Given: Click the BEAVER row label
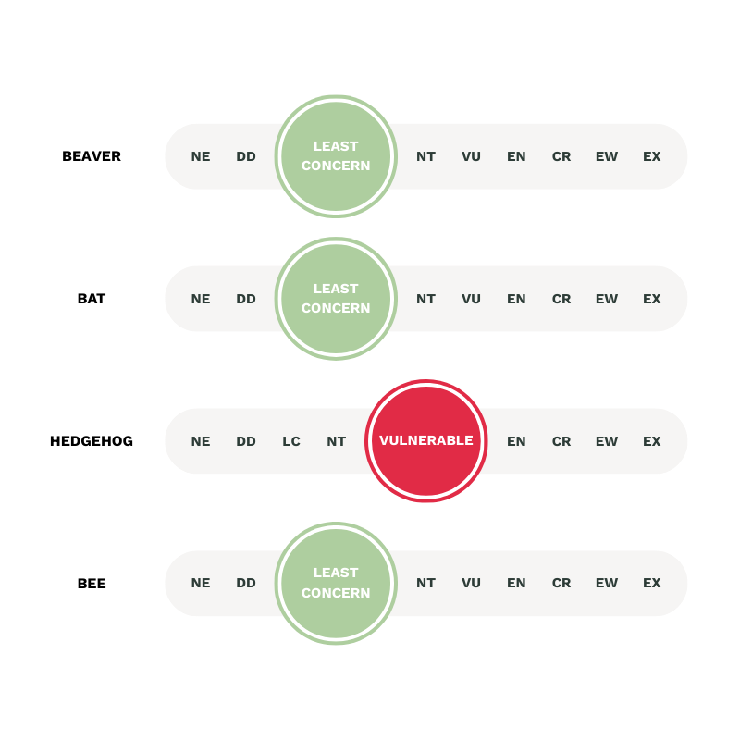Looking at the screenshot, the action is coord(92,156).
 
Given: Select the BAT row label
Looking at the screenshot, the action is coord(92,299).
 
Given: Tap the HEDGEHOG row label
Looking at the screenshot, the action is coord(92,441).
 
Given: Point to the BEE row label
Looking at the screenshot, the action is coord(92,584).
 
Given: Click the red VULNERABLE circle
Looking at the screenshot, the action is coord(426,441).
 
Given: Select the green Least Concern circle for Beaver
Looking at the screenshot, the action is coord(336,156).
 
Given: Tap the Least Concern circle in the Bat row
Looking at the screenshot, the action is coord(336,299).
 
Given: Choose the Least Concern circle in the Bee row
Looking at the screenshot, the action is coord(336,584).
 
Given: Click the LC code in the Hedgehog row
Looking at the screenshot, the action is coord(291,441).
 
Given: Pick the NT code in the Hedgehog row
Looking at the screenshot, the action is coord(337,441).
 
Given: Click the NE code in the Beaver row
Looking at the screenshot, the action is coord(201,156).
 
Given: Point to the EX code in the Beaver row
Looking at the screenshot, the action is coord(652,156).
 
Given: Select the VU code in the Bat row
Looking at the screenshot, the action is coord(471,299).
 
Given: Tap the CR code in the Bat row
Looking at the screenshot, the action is coord(561,299).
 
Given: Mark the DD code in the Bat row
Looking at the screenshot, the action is coord(246,299).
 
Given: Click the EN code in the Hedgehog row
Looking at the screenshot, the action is coord(516,441).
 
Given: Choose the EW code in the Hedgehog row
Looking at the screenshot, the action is coord(607,441).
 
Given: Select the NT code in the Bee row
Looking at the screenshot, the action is coord(425,583).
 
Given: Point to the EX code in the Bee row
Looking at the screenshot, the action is coord(652,583).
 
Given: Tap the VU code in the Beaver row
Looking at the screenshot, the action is coord(471,156).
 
